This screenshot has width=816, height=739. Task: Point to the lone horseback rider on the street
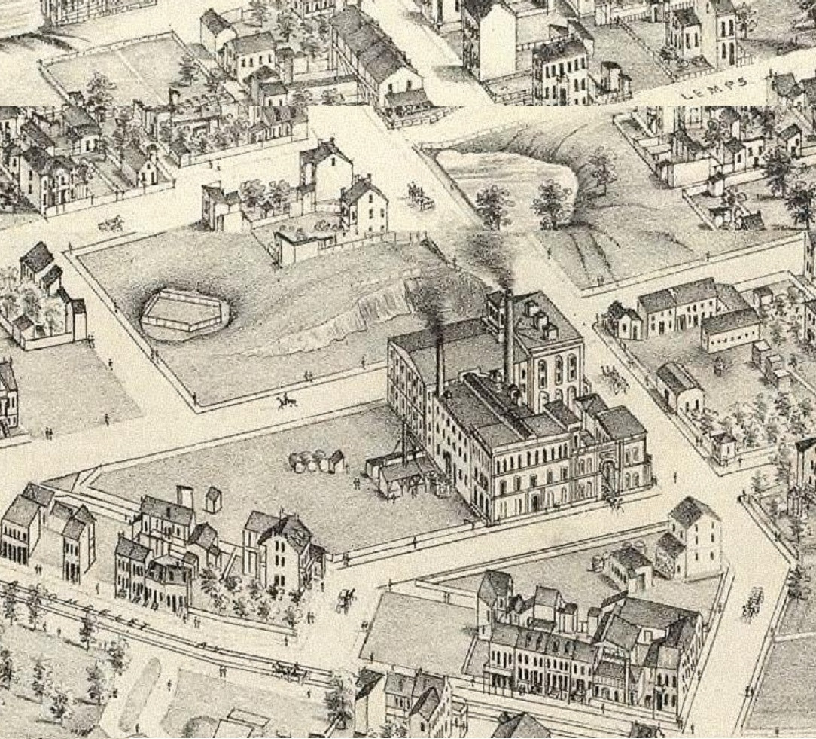285,402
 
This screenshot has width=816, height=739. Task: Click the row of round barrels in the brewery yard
309,461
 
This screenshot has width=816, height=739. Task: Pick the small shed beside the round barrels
336,460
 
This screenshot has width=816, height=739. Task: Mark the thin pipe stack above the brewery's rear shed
404,441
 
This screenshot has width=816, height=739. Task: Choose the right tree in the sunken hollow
551,200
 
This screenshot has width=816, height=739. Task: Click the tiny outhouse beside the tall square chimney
213,499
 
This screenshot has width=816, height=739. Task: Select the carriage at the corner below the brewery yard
346,599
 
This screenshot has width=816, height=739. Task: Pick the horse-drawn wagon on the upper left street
111,223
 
